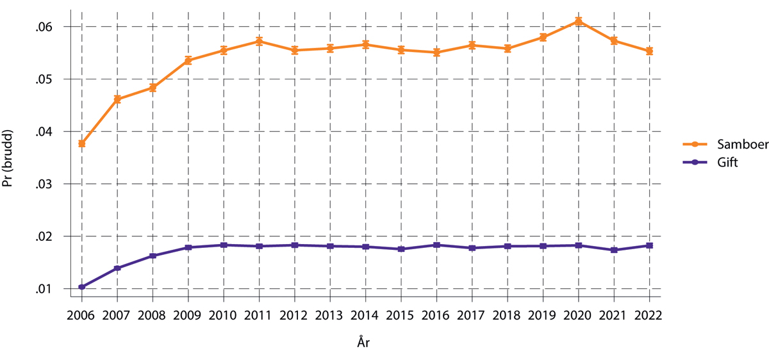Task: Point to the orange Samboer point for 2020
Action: click(578, 21)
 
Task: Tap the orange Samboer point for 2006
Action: click(82, 143)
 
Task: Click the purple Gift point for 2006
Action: click(82, 287)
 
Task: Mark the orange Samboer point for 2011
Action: click(259, 41)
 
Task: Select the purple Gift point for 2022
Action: click(649, 245)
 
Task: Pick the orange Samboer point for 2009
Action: click(188, 60)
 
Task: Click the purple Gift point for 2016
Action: click(436, 245)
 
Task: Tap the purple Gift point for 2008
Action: click(153, 256)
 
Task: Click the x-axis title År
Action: click(363, 343)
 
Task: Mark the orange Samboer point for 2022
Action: click(649, 51)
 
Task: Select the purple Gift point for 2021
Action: click(614, 250)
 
